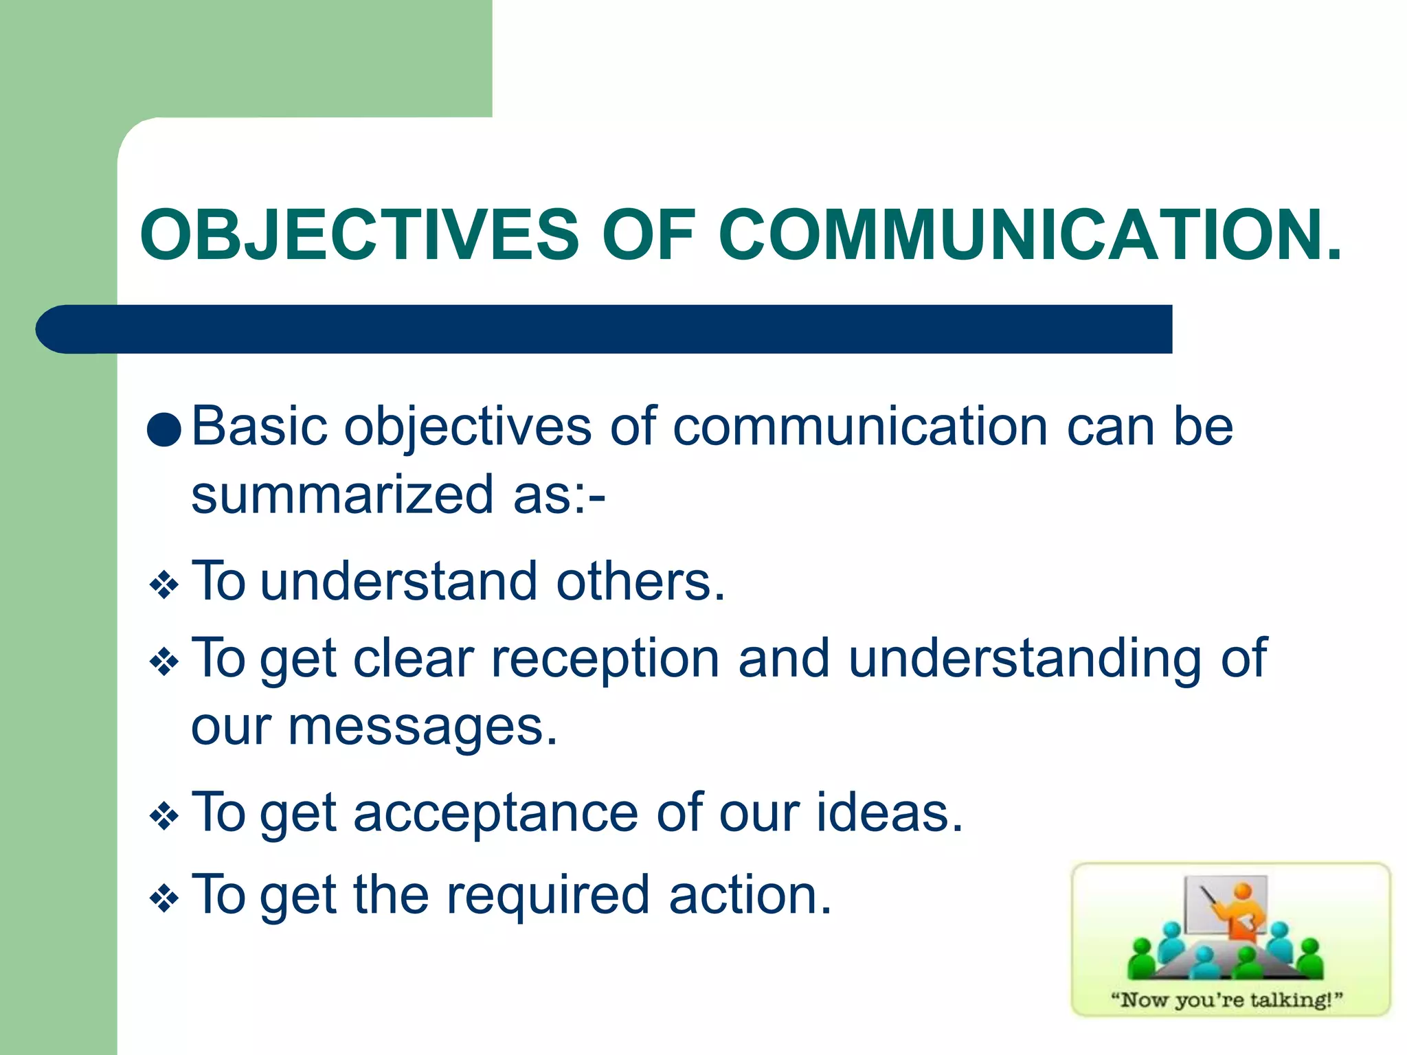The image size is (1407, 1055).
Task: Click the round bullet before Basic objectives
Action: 164,430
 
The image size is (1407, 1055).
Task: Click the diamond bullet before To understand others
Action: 164,586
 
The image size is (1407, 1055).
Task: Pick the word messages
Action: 422,727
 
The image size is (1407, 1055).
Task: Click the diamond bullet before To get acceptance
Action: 164,817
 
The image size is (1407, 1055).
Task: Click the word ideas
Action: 889,813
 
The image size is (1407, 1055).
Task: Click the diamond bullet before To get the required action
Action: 164,898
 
